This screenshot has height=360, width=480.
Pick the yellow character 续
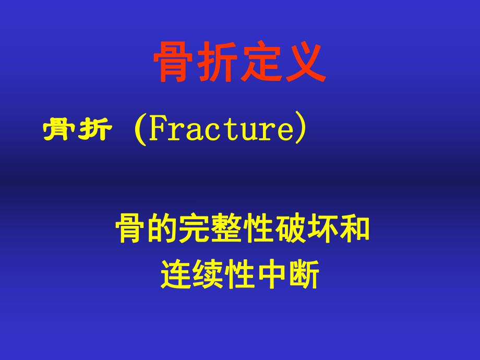click(208, 275)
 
